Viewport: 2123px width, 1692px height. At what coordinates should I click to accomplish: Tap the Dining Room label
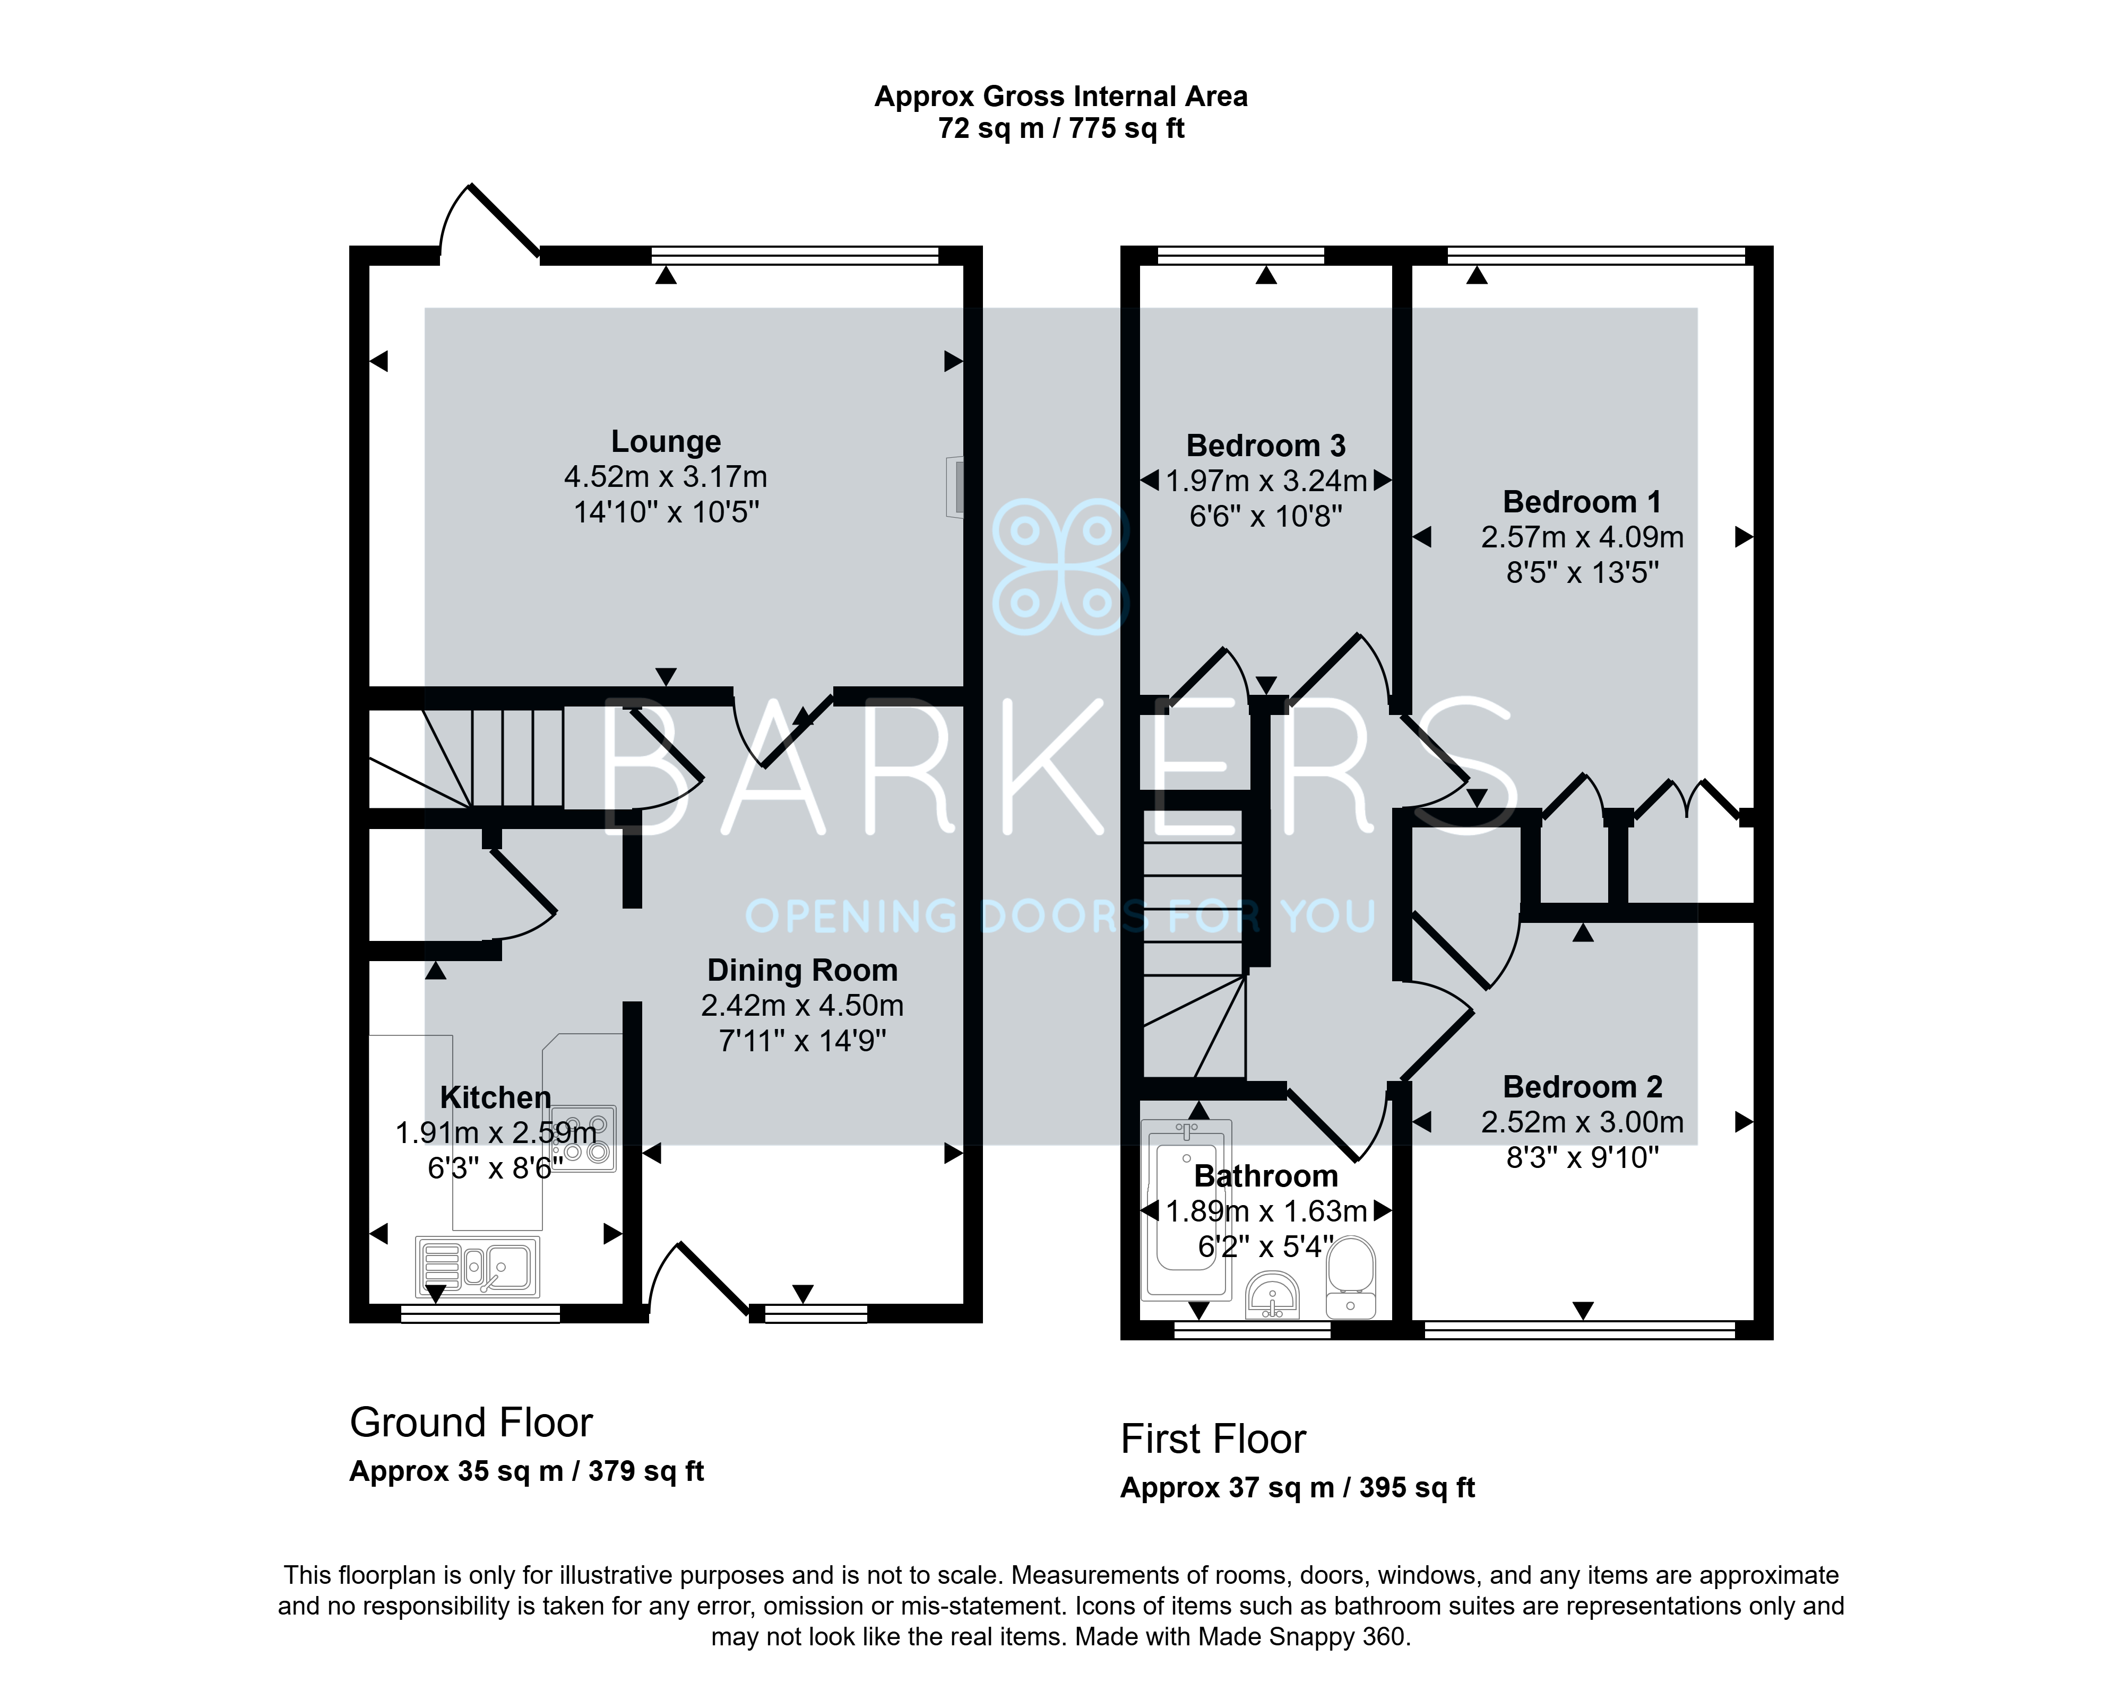click(802, 971)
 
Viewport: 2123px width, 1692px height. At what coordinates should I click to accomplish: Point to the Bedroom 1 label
click(1582, 502)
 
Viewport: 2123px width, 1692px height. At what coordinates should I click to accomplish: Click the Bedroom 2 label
click(1582, 1087)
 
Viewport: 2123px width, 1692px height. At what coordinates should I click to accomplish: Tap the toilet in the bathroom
click(1351, 1278)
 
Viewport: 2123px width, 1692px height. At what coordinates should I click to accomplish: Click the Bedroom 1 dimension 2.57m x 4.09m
click(1582, 537)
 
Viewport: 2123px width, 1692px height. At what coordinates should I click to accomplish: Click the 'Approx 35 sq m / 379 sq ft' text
click(527, 1471)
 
